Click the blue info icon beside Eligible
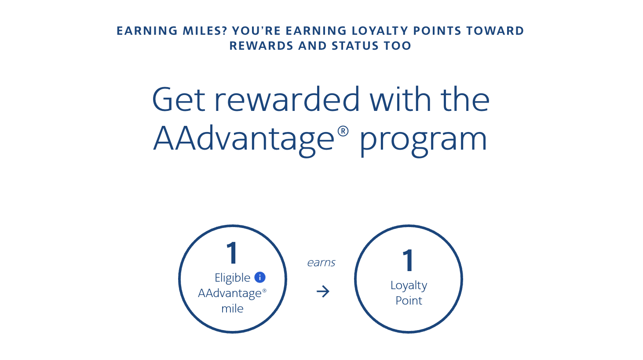pyautogui.click(x=260, y=277)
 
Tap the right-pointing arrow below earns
pyautogui.click(x=323, y=291)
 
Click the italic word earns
pyautogui.click(x=321, y=263)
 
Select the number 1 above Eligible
pyautogui.click(x=232, y=253)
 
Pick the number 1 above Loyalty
pyautogui.click(x=408, y=260)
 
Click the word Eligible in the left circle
pyautogui.click(x=233, y=278)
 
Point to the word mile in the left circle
pyautogui.click(x=233, y=309)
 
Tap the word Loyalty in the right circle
pyautogui.click(x=409, y=286)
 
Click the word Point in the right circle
pyautogui.click(x=409, y=301)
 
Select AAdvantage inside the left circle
pyautogui.click(x=230, y=294)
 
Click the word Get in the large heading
pyautogui.click(x=179, y=99)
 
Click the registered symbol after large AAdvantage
pyautogui.click(x=343, y=131)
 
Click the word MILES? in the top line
pyautogui.click(x=205, y=31)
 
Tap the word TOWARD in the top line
pyautogui.click(x=495, y=31)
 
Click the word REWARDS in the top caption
pyautogui.click(x=261, y=46)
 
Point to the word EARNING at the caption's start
pyautogui.click(x=147, y=31)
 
